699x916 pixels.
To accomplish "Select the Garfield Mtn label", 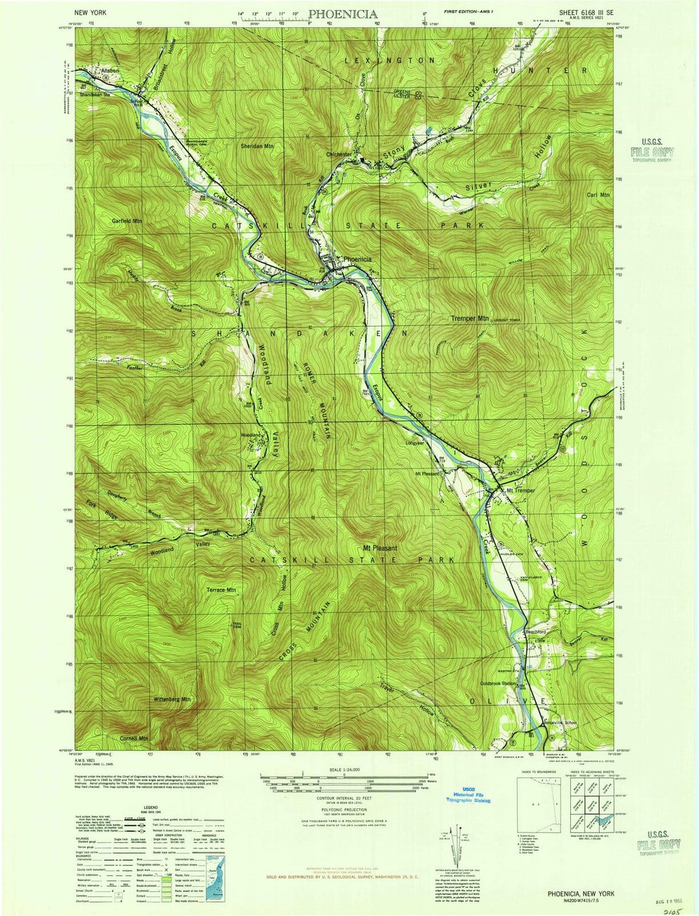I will tap(126, 221).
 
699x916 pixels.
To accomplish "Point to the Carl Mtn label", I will tap(598, 194).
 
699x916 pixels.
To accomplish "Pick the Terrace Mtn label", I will tap(221, 590).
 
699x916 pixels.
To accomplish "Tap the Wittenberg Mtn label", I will tap(172, 700).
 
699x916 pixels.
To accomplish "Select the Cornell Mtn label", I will tap(134, 738).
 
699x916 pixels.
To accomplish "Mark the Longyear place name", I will tap(414, 444).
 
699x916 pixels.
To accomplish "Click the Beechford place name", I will tap(535, 632).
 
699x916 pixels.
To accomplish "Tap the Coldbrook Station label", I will tap(498, 683).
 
